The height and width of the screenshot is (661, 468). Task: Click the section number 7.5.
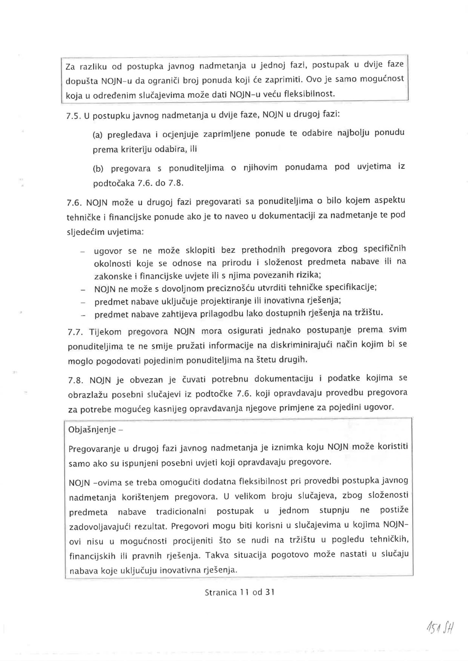[73, 117]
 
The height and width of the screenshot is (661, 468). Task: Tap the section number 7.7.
[75, 332]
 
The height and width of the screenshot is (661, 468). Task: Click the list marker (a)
[97, 135]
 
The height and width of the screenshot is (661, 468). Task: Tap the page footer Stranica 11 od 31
[239, 592]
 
